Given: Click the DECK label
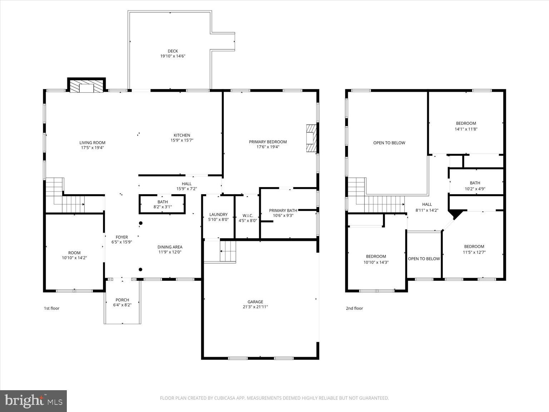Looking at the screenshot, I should pos(173,51).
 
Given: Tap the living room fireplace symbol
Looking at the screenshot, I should pos(86,87).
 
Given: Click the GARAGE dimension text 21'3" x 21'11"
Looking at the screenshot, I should pos(255,307).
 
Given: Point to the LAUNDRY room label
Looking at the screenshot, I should pos(218,215).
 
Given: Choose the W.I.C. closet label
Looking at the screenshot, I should pos(248,216).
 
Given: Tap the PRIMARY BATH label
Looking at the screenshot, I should pos(283,211).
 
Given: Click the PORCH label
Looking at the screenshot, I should pos(122,300).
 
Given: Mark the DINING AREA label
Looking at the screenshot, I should pos(170,247).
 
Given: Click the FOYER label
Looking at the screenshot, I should pos(122,237).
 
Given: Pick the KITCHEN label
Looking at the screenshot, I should pos(182,135).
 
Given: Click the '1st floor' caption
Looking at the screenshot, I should pos(51,308).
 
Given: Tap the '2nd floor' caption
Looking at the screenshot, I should pos(354,308).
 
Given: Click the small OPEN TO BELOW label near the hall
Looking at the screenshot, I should pos(424,259).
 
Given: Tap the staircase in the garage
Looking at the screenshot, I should pos(228,252).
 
